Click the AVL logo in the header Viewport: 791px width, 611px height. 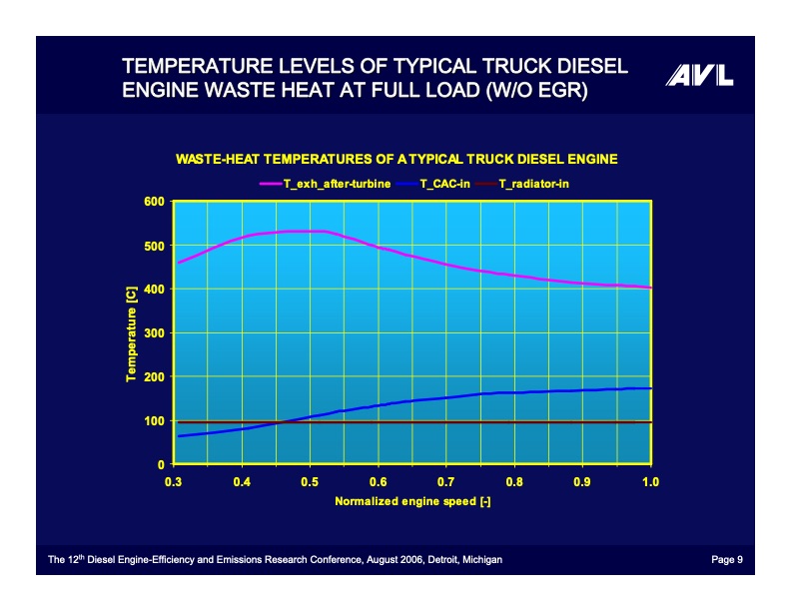699,76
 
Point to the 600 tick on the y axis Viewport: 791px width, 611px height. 155,202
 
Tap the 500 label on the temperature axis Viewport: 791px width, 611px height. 155,246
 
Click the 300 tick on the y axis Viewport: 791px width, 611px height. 155,333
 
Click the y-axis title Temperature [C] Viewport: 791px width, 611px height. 131,333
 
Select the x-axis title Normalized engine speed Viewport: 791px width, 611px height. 411,501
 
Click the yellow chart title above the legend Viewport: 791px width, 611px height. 396,159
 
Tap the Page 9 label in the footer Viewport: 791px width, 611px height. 726,560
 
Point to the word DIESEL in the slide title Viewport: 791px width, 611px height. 579,67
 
